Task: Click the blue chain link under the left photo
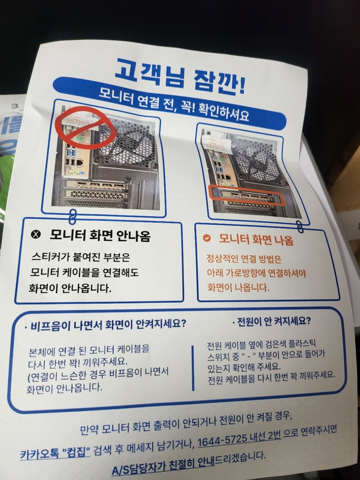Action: [72, 217]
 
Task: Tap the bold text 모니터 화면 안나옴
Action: [100, 235]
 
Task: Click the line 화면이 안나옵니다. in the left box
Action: [70, 288]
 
